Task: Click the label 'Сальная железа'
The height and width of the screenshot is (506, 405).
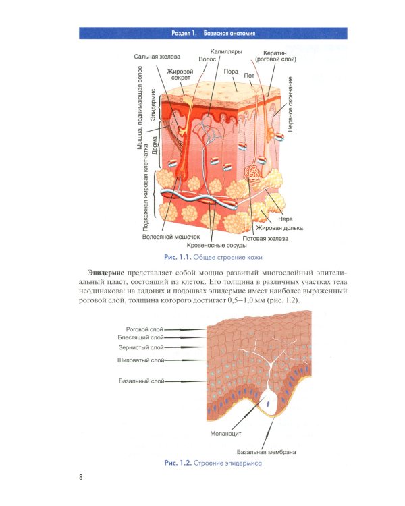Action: [156, 57]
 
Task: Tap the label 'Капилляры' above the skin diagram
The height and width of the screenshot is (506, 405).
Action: [225, 51]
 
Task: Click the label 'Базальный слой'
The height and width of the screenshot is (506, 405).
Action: [142, 381]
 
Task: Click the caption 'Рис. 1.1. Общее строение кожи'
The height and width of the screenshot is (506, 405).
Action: [213, 258]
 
